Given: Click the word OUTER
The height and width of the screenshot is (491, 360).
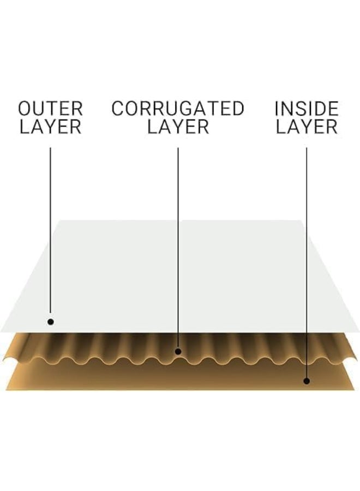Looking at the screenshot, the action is (50, 109).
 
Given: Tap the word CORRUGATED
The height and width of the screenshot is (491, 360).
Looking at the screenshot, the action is (178, 109).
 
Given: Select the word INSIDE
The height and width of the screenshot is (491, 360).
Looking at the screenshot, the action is (307, 109).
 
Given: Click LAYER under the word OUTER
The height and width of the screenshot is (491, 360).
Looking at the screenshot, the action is (50, 127).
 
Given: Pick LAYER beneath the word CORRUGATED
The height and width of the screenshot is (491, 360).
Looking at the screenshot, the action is (178, 127).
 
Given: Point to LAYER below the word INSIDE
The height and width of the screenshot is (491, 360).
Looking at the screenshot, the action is (307, 127).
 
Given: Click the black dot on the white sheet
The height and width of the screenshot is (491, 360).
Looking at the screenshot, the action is (50, 321).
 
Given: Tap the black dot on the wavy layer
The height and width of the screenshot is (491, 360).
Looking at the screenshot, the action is (178, 351).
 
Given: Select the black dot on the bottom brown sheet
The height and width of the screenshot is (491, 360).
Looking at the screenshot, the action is (307, 381).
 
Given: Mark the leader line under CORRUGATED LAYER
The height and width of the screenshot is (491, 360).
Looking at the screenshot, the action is (178, 248).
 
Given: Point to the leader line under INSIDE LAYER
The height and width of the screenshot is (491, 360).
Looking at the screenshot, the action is (307, 263).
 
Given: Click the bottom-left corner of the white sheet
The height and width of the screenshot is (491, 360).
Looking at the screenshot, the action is (1, 332).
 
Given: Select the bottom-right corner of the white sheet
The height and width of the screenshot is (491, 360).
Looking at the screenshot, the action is (359, 332).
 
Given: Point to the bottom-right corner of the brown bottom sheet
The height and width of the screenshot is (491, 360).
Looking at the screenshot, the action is (354, 390).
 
